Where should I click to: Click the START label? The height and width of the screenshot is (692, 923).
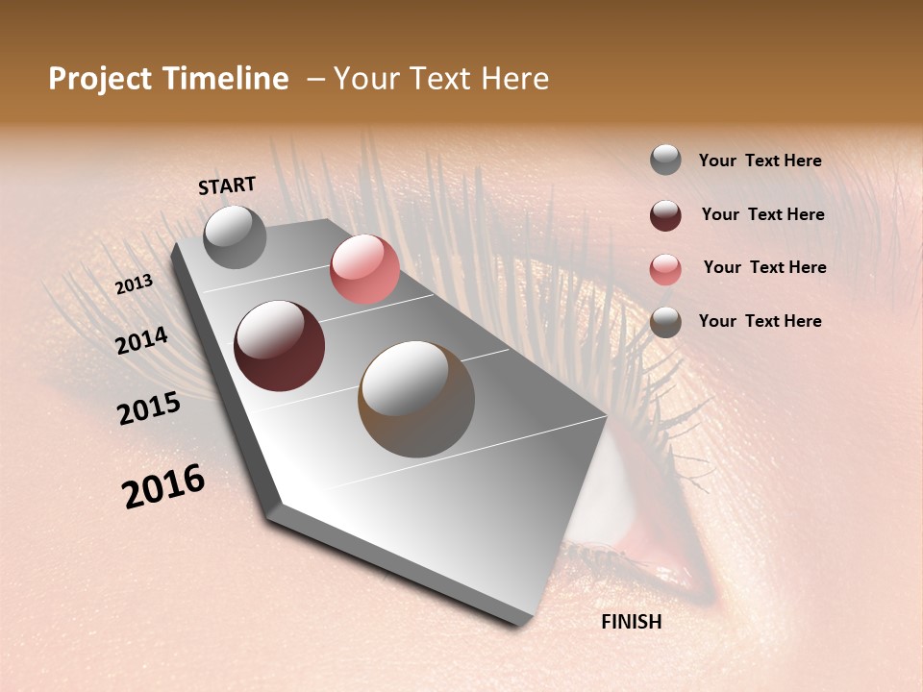[x=227, y=185]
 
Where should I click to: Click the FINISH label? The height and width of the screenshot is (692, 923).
[x=631, y=622]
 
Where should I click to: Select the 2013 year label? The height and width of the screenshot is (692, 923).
[x=135, y=284]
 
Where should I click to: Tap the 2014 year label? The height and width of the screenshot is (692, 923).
[x=141, y=341]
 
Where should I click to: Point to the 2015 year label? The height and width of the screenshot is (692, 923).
[x=149, y=408]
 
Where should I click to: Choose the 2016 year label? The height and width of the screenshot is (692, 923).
[x=163, y=486]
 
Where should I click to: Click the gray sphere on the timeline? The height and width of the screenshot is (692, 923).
[x=235, y=236]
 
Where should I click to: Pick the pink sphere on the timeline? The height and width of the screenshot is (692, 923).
[x=364, y=269]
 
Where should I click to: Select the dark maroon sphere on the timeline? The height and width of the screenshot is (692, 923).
[x=279, y=346]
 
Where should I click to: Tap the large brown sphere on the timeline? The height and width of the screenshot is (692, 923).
[x=416, y=398]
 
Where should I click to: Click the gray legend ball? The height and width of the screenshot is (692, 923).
[x=665, y=160]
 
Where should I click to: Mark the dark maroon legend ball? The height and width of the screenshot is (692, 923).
[x=665, y=214]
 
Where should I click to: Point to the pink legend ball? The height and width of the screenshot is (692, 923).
[x=665, y=268]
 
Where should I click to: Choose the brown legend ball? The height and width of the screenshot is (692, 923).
[x=665, y=322]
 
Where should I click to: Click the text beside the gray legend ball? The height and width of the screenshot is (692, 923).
[x=760, y=161]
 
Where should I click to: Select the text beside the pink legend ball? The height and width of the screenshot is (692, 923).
[x=764, y=267]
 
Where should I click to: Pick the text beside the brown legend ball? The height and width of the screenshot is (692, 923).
[x=760, y=321]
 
